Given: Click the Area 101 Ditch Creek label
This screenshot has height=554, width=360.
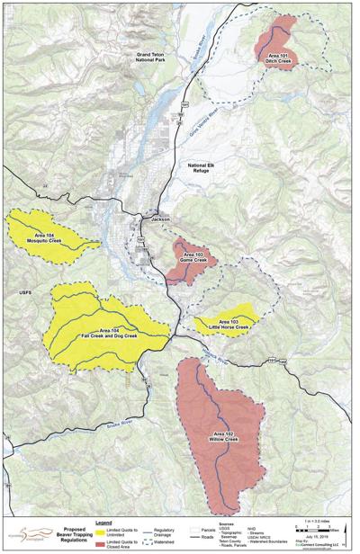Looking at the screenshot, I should point(279,58).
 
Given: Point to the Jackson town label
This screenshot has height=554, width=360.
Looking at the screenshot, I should point(160,219).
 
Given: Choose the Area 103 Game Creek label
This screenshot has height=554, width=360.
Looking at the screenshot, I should point(186,257).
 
